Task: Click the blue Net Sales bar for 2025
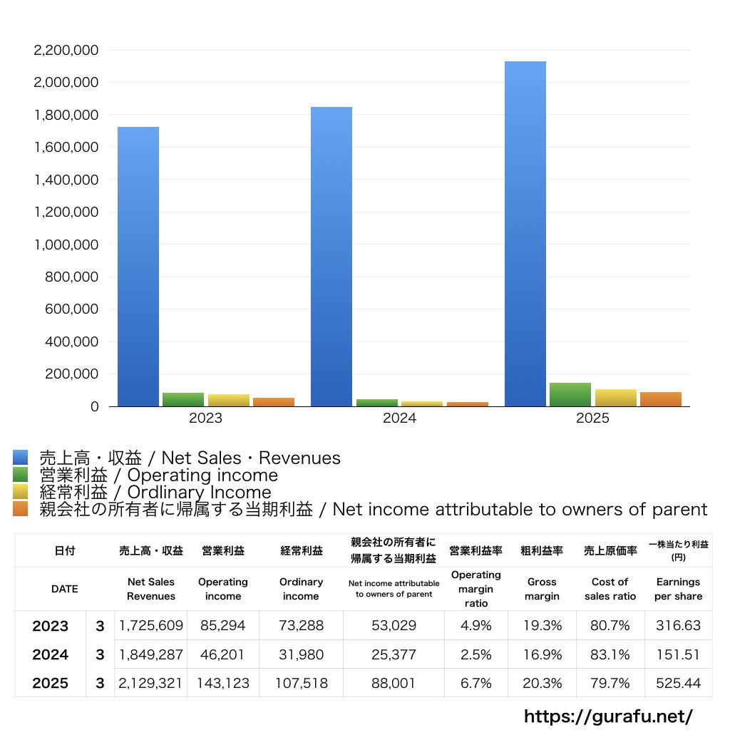pos(525,234)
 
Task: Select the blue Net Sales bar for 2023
pos(138,267)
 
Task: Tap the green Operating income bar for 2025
pos(570,395)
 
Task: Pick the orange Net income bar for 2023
pos(274,402)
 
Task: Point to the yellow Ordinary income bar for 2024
pos(422,403)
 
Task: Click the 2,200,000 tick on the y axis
pos(66,51)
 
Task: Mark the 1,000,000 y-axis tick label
pos(66,245)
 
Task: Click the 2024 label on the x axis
pos(399,418)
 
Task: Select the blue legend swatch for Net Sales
pos(21,457)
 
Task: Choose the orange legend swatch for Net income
pos(21,509)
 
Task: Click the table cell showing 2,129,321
pos(150,683)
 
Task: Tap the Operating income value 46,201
pos(222,654)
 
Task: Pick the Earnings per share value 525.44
pos(679,683)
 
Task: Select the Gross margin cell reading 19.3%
pos(542,625)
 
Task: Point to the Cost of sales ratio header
pos(610,589)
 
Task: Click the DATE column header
pos(65,589)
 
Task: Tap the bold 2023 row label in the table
pos(51,626)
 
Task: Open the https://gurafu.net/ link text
pos(609,716)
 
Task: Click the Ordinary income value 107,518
pos(302,683)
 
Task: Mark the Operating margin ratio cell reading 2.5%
pos(475,654)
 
